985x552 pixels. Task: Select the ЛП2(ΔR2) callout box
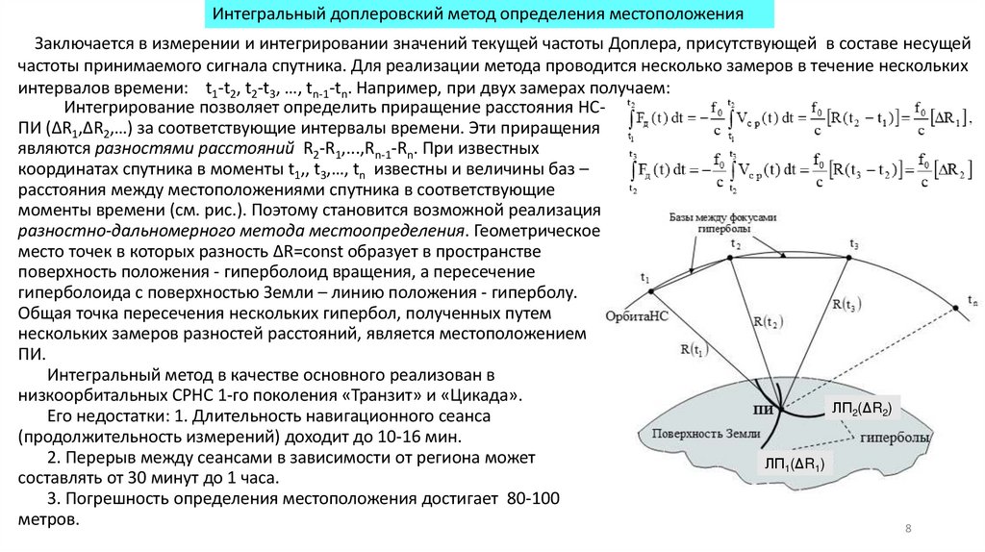coord(862,410)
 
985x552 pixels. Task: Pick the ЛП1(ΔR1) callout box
coord(796,464)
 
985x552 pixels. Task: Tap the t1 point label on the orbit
coord(644,278)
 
